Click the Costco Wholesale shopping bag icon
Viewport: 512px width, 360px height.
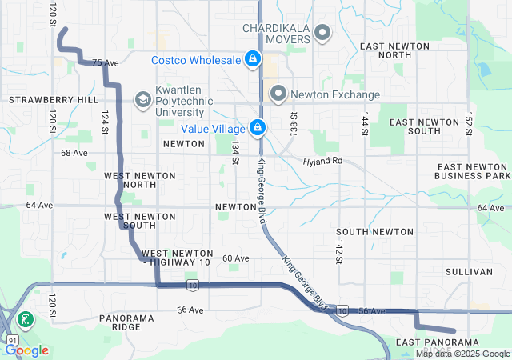point(252,59)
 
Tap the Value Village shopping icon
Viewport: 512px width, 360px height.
point(258,127)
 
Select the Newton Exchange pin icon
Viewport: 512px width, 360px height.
point(278,94)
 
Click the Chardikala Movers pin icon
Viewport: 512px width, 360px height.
point(322,33)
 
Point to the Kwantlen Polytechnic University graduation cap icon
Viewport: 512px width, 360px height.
point(142,99)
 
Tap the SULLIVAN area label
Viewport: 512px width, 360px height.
point(470,272)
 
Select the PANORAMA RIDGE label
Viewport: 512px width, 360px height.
point(126,322)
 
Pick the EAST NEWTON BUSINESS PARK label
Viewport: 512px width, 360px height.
point(472,171)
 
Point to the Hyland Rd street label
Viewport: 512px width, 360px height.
point(322,162)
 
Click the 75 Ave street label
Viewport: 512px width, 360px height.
point(105,62)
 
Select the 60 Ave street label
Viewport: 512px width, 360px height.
point(236,258)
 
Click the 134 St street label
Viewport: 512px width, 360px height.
point(235,152)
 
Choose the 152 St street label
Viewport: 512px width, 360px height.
point(470,124)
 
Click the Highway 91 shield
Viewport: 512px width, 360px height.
point(9,340)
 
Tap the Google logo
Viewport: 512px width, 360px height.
point(27,350)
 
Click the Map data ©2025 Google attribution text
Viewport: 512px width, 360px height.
point(462,354)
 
